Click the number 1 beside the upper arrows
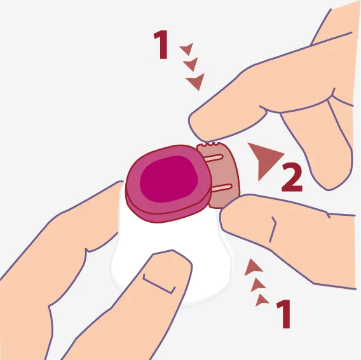[161, 44]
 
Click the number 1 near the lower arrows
[283, 314]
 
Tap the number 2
[292, 177]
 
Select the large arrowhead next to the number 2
[265, 160]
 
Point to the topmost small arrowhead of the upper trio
[187, 48]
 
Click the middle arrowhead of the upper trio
[191, 64]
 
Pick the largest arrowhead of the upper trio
[196, 81]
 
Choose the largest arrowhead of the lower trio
[253, 267]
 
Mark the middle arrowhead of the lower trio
[258, 285]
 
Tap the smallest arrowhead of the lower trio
[262, 300]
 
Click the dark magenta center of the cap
[169, 179]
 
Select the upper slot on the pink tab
[214, 158]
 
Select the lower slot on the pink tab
[221, 188]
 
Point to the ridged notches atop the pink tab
[210, 145]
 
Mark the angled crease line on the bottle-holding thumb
[159, 284]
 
